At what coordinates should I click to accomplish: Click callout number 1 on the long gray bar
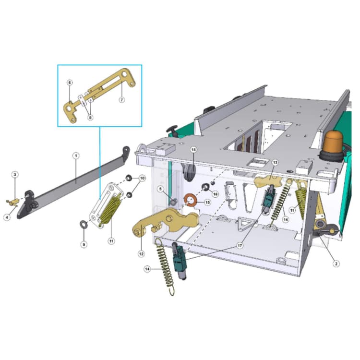[76, 156]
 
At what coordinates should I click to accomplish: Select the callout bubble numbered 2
[336, 264]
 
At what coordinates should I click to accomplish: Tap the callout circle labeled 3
[15, 175]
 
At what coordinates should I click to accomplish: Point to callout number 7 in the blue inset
[121, 100]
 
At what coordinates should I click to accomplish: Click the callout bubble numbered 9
[84, 244]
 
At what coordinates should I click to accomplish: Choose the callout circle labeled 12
[141, 254]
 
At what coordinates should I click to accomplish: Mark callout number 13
[275, 163]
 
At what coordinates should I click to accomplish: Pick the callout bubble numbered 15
[207, 202]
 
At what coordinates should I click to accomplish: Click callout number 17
[240, 246]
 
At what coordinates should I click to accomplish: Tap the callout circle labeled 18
[193, 150]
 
